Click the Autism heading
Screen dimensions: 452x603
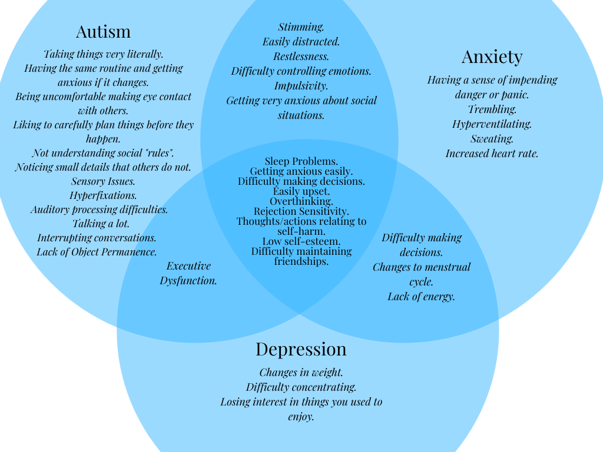pos(103,31)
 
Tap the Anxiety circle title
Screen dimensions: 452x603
pos(492,56)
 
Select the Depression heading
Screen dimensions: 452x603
pos(301,349)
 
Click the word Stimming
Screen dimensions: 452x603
pos(301,27)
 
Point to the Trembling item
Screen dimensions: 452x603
pos(492,109)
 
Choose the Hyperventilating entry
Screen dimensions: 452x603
pos(492,124)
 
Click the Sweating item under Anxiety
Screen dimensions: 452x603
pos(492,139)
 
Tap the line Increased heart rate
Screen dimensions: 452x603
pos(492,154)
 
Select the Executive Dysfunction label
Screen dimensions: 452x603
pos(188,273)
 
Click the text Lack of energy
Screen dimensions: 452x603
pos(421,297)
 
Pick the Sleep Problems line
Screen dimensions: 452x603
pos(301,161)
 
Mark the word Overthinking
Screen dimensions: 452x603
pos(301,201)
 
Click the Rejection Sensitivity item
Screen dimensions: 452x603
pos(301,211)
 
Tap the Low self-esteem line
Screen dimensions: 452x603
pos(301,241)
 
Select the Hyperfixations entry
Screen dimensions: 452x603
pos(103,195)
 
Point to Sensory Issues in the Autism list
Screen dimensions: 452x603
pos(103,181)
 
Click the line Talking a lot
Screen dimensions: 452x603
pos(101,224)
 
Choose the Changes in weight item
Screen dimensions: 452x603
pos(301,373)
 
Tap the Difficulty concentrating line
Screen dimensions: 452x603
pos(301,387)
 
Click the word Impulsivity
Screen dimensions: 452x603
pos(301,86)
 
